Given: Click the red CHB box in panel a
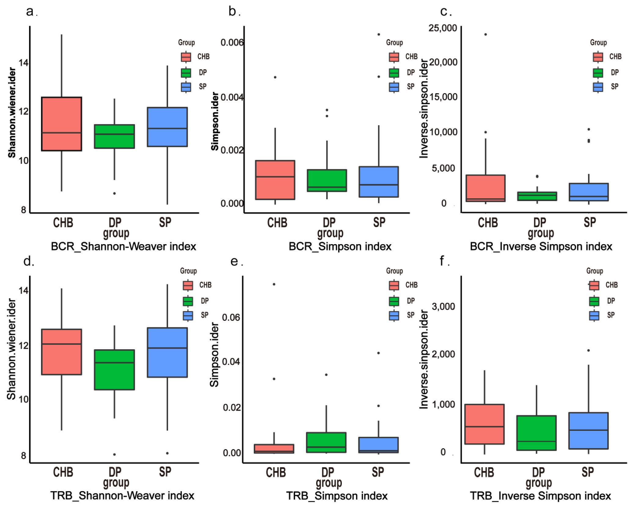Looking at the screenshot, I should (x=61, y=124).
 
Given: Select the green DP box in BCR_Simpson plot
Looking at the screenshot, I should (x=327, y=180).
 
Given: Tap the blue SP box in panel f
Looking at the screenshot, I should (x=588, y=431).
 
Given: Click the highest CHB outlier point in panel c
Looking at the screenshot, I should (x=485, y=35).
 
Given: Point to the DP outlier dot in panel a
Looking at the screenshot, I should (x=115, y=193).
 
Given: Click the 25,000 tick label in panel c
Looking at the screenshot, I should (x=443, y=28).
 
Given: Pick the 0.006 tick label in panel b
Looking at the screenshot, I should (x=232, y=42).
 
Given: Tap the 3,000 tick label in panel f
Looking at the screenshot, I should (x=443, y=306).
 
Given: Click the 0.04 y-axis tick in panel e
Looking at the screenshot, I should (x=231, y=362).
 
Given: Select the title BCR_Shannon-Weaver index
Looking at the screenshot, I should (x=123, y=246).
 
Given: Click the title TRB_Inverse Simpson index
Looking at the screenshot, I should (x=540, y=496).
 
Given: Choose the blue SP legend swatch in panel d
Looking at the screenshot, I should (x=188, y=315).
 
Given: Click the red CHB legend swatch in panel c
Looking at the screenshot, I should (x=598, y=57).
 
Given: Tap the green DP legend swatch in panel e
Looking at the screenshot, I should (x=394, y=301).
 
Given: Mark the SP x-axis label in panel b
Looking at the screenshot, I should (x=379, y=222).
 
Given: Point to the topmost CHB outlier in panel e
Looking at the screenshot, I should (x=274, y=284).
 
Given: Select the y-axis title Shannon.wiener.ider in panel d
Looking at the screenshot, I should (x=11, y=349).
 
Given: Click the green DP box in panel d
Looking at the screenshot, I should (x=115, y=370).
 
